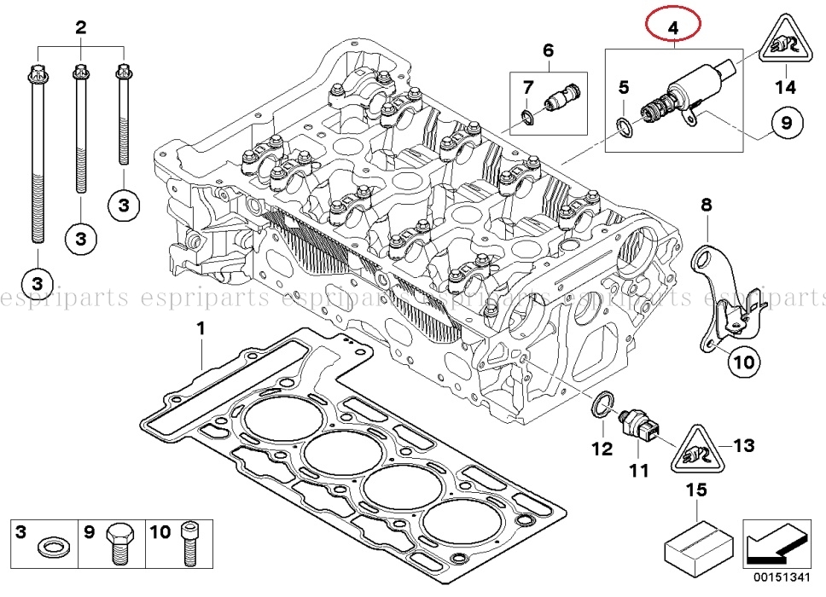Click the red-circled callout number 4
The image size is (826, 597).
[x=673, y=27]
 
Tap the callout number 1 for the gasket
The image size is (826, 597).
[x=201, y=328]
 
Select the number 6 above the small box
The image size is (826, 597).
[x=548, y=50]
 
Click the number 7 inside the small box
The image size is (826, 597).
[x=528, y=87]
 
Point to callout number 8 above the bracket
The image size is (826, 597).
[x=706, y=205]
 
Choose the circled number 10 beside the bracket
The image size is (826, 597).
[x=742, y=362]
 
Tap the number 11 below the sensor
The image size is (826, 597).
[x=639, y=469]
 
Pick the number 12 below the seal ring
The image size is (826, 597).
[x=602, y=447]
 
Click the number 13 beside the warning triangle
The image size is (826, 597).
[x=744, y=444]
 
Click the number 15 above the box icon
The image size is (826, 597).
[x=696, y=490]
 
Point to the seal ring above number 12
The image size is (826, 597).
[x=603, y=406]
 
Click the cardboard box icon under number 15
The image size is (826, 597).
[x=697, y=543]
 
